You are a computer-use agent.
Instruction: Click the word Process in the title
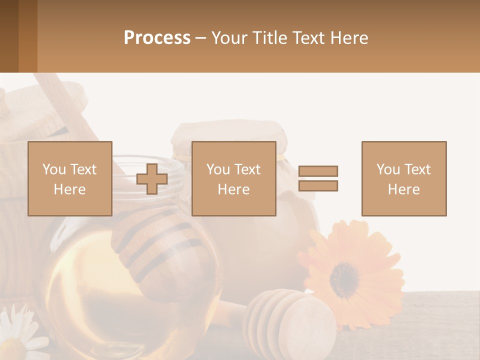[157, 38]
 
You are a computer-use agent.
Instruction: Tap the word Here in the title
[349, 38]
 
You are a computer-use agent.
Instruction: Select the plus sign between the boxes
[152, 179]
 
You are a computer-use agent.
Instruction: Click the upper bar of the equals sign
[318, 171]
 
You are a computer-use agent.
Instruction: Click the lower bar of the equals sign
[318, 186]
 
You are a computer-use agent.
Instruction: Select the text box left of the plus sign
[70, 179]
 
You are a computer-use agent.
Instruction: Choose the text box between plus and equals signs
[234, 179]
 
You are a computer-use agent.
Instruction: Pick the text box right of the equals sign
[404, 179]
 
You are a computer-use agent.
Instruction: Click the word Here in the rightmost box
[404, 189]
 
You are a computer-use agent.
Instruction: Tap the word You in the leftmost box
[53, 169]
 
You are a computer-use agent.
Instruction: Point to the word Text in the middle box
[247, 169]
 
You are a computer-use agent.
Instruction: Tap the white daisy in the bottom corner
[17, 332]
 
